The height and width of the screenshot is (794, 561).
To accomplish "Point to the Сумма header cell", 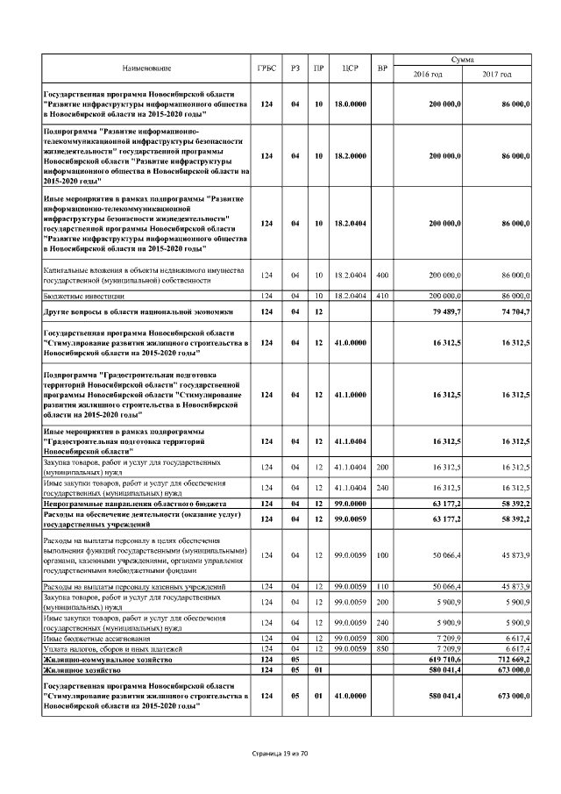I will [x=462, y=59].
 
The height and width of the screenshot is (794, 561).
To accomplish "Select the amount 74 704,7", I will [x=512, y=311].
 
